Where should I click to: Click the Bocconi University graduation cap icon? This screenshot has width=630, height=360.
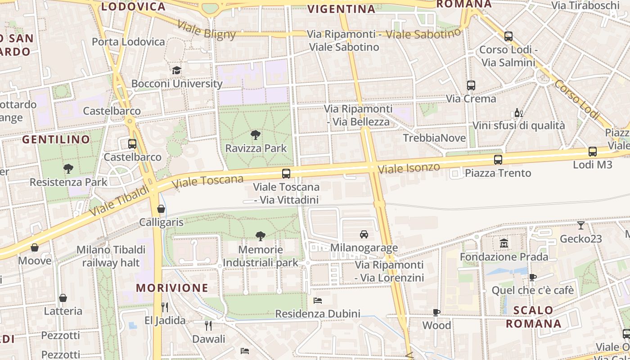176,71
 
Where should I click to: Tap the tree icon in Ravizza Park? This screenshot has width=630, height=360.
256,135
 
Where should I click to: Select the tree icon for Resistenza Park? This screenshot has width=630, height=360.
68,169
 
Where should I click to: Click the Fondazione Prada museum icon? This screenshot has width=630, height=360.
504,243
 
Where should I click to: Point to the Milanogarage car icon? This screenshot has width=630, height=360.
364,234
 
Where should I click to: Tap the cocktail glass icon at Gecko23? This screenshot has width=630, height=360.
581,225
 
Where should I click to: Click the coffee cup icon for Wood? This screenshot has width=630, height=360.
436,312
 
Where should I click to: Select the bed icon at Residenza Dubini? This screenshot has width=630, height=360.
318,300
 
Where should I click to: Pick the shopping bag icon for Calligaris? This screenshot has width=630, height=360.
161,209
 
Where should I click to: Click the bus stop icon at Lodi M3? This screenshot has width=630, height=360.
593,152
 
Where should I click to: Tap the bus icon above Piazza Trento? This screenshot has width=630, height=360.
498,159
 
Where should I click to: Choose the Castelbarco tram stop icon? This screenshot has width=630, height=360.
132,144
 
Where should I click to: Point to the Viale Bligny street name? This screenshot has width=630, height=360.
207,29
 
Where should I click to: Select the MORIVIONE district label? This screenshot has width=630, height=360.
172,288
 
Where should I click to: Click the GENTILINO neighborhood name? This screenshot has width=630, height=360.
56,139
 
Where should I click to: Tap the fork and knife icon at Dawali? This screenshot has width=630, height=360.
208,325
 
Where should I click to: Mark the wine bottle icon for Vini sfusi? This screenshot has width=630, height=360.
518,112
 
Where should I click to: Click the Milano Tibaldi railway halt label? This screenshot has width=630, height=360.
111,256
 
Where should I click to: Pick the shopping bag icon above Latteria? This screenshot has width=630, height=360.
63,298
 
